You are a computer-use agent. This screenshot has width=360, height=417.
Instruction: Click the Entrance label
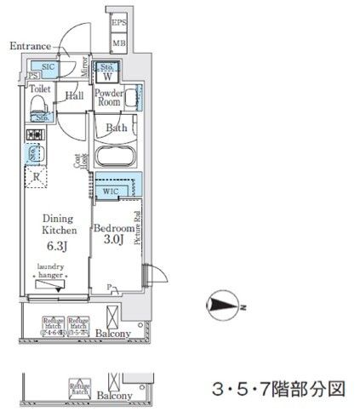pos(31,45)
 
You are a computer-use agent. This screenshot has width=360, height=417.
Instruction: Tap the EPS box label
pos(121,24)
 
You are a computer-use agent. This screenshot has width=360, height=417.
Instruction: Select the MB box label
pos(121,42)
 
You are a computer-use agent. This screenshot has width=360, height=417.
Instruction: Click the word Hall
pos(73,97)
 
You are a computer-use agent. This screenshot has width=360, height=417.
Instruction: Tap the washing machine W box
pos(108,72)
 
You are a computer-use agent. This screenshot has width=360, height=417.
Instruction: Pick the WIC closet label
pos(110,192)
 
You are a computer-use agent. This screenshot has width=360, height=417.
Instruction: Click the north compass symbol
pos(225,305)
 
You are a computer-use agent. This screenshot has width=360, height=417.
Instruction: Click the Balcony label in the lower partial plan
pos(112,396)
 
